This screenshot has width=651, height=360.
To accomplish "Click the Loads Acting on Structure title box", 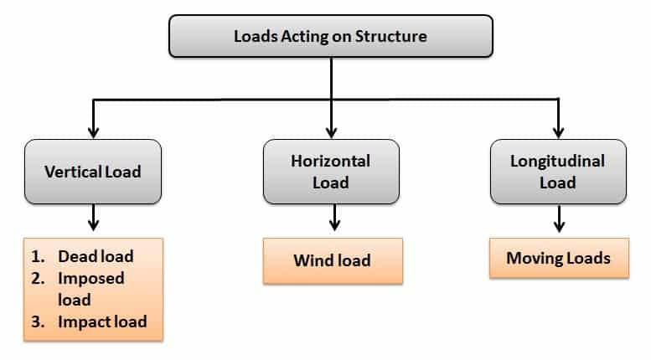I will (329, 37).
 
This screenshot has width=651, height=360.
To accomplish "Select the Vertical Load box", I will (92, 171).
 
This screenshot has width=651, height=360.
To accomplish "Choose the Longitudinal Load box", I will (556, 171).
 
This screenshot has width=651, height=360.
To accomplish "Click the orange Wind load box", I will (332, 260).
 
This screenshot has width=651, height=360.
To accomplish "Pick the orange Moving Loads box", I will (558, 258).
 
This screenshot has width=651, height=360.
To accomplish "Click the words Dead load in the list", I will (96, 256).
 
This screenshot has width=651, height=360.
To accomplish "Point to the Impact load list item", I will (102, 321).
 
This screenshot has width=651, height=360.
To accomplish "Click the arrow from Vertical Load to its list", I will (93, 219).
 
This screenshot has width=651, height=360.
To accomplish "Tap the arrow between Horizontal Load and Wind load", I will (334, 219).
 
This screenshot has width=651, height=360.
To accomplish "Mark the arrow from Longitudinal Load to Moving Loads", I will (558, 220).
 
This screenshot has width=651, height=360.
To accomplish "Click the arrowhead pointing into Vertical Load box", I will (94, 131).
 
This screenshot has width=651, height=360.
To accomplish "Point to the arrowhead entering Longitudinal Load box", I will (557, 131).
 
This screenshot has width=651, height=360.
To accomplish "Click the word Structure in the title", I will (394, 37).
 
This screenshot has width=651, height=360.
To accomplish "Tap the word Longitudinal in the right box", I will (557, 161).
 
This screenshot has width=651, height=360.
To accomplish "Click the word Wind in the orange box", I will (313, 260).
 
